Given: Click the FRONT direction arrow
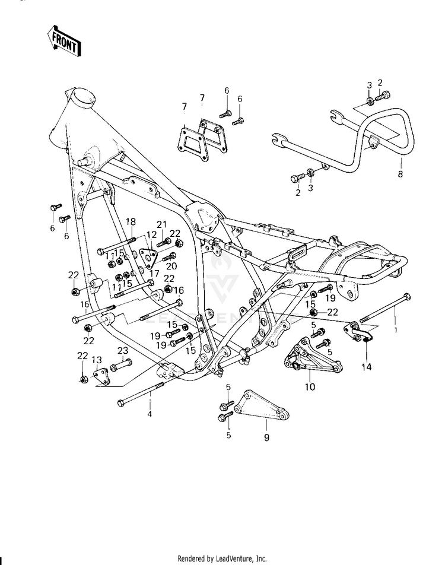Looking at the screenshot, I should (x=64, y=40).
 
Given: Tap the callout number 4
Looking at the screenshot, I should (x=150, y=414).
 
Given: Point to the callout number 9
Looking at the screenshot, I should (x=266, y=438).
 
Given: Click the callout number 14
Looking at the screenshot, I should (x=367, y=367).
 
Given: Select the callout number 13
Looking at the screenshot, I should (x=97, y=360).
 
